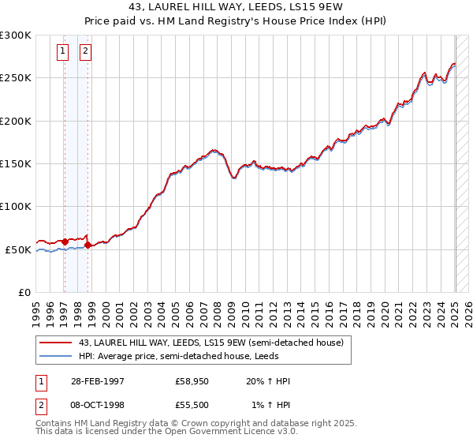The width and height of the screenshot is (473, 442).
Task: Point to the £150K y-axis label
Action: pos(16,164)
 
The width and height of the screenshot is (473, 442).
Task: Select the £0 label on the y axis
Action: pos(24,292)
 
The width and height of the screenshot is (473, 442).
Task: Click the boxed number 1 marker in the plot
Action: pos(63,52)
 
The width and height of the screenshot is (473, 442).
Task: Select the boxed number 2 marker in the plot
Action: pos(84,52)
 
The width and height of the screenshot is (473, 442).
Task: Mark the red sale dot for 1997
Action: pos(65,242)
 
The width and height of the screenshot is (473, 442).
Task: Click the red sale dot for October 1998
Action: pos(88,245)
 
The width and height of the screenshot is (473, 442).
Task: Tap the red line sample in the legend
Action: pos(56,343)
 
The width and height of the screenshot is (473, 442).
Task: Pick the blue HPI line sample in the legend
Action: pos(56,356)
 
